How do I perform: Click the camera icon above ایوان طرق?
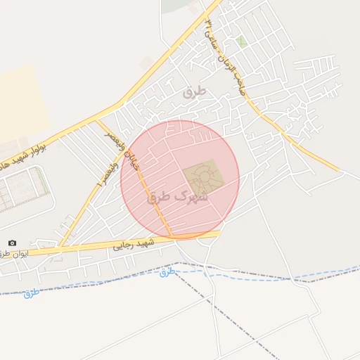click(12, 243)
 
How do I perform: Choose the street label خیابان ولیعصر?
click(117, 147)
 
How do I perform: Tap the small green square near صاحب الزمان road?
click(241, 42)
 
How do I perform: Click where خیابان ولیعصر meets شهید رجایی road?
click(172, 236)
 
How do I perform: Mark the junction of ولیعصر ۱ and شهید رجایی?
click(60, 247)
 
